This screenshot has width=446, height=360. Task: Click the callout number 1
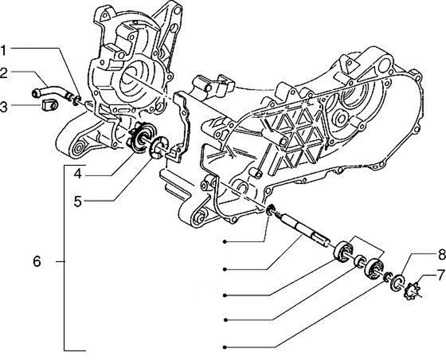click(x=4, y=49)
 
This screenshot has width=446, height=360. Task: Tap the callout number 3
click(x=4, y=107)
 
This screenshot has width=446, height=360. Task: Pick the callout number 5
click(x=77, y=201)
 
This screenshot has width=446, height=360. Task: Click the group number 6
click(x=37, y=262)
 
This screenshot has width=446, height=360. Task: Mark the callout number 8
click(x=439, y=253)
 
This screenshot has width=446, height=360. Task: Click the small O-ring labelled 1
click(x=75, y=98)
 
